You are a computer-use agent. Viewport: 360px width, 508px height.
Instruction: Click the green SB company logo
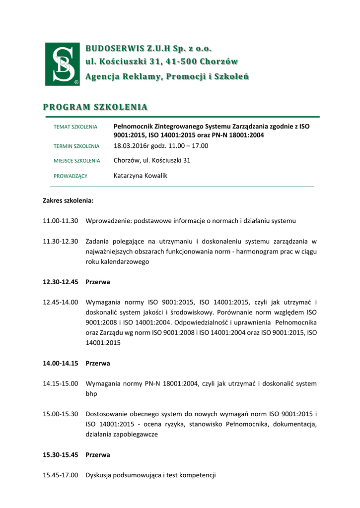pyautogui.click(x=62, y=64)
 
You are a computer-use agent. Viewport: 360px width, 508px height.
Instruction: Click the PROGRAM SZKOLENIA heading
pyautogui.click(x=95, y=107)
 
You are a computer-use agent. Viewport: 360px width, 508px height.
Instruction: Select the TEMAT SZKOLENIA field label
pyautogui.click(x=75, y=127)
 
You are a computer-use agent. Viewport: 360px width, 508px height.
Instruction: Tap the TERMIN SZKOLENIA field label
pyautogui.click(x=76, y=146)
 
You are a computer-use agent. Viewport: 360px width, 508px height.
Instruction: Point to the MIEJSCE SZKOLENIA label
pyautogui.click(x=76, y=161)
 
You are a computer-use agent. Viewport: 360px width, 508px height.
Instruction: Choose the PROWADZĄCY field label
pyautogui.click(x=70, y=176)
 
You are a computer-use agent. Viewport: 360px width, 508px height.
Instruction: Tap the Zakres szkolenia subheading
pyautogui.click(x=68, y=201)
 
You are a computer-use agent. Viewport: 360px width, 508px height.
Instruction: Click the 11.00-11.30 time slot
pyautogui.click(x=60, y=221)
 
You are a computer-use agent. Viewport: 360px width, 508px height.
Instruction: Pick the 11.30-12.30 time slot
pyautogui.click(x=60, y=242)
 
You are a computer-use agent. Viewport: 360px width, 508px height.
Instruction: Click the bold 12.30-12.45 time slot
pyautogui.click(x=60, y=282)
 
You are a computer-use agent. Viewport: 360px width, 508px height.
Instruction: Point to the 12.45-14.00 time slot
pyautogui.click(x=60, y=302)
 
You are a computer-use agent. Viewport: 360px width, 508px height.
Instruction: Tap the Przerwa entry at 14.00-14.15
pyautogui.click(x=98, y=363)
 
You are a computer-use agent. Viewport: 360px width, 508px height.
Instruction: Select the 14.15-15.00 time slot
pyautogui.click(x=60, y=383)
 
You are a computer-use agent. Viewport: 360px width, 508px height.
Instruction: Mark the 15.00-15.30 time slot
pyautogui.click(x=60, y=414)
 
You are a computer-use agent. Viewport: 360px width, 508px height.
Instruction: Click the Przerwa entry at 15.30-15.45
pyautogui.click(x=98, y=454)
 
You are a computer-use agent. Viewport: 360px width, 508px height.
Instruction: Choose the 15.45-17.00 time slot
pyautogui.click(x=60, y=475)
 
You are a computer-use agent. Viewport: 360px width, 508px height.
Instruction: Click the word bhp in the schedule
pyautogui.click(x=91, y=394)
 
